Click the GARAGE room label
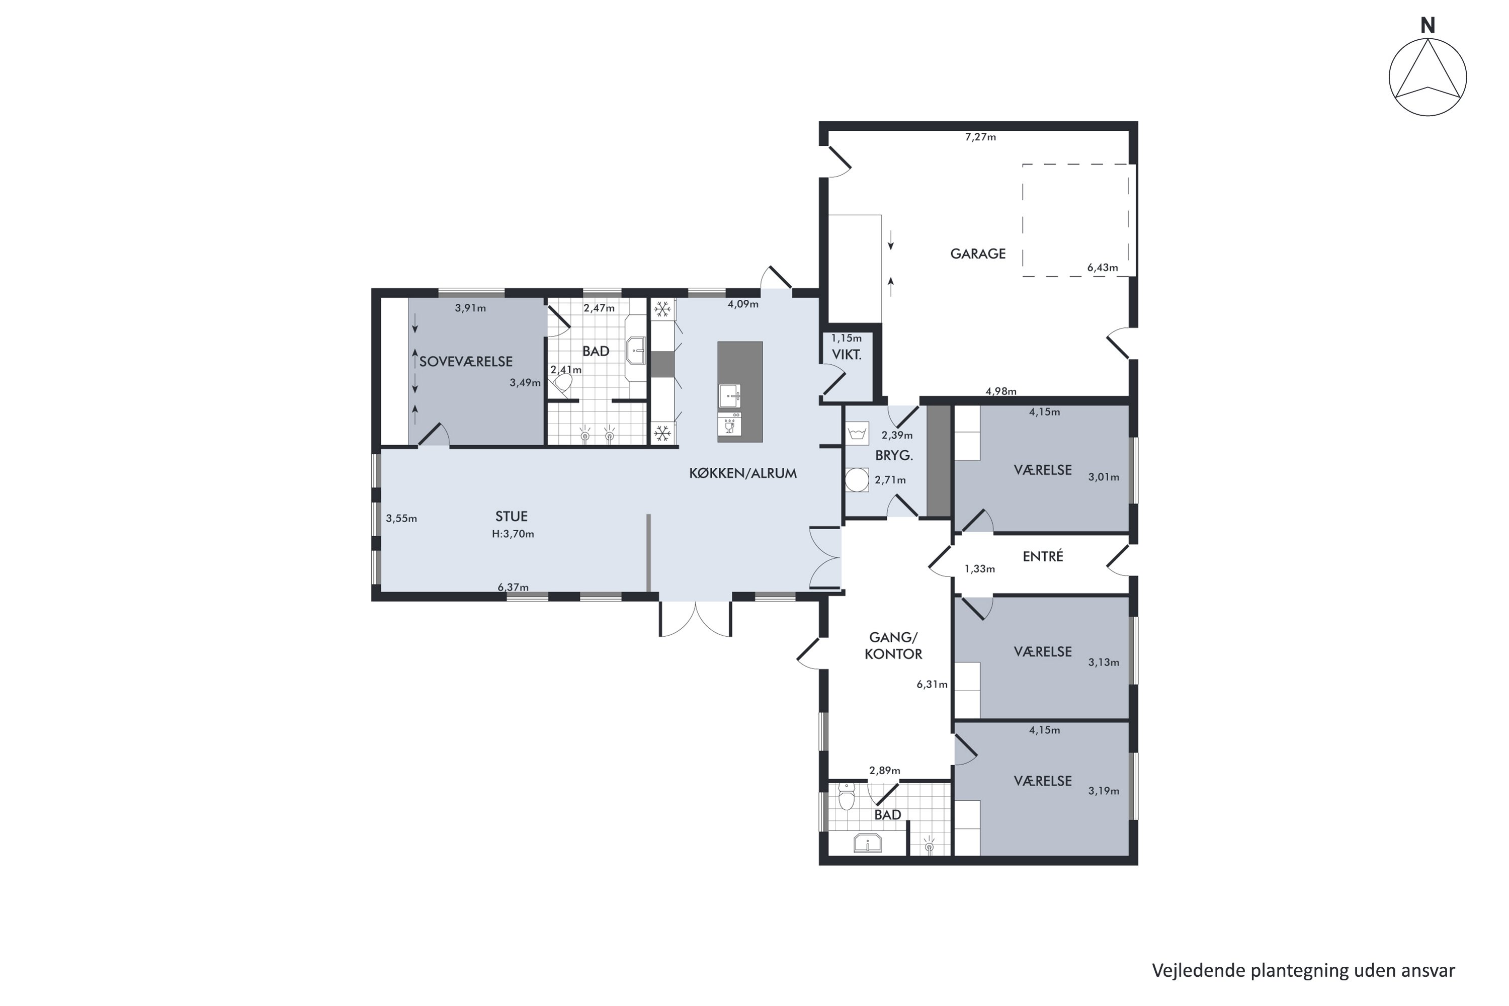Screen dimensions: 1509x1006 978,254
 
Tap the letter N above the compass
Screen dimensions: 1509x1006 1428,26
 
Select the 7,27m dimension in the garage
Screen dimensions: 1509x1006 980,137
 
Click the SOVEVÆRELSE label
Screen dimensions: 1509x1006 466,362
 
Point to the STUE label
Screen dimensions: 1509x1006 512,517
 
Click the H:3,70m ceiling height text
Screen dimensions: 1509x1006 513,534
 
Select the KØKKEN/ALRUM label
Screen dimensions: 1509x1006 743,473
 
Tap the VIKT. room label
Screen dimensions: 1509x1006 847,355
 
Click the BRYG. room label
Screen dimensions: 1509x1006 894,456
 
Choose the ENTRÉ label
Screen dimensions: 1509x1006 1043,556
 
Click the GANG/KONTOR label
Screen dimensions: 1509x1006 894,646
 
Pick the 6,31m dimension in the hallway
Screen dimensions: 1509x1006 932,685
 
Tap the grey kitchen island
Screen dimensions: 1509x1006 740,392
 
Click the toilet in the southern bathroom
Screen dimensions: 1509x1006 847,797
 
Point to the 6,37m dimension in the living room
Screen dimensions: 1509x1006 513,587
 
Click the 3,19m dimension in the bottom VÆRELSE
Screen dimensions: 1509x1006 1104,791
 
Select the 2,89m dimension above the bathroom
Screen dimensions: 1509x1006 885,771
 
